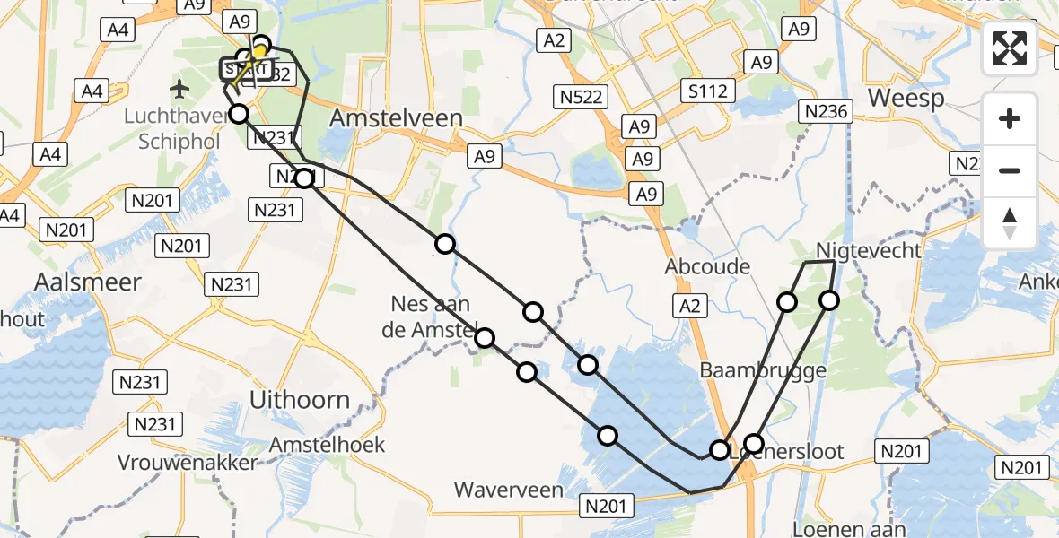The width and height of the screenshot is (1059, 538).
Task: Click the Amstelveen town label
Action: pos(397,118)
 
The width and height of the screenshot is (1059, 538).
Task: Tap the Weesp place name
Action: pos(906,98)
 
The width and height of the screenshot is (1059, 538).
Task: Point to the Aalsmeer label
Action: pos(88,282)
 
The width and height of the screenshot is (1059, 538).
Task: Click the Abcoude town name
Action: pos(706,266)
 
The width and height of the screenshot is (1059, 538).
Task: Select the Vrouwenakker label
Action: pos(188,463)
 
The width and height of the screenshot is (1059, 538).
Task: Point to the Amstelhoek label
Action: pos(328,444)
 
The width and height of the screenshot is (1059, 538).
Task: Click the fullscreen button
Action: pos(1010,48)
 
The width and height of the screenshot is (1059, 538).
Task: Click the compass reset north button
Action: pos(1010,223)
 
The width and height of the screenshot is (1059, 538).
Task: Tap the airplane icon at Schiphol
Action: pos(180,89)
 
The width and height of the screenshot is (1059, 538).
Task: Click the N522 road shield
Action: pos(584,96)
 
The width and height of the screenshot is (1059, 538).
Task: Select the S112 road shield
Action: pos(708,90)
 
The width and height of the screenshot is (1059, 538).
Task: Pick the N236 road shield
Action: pos(826,110)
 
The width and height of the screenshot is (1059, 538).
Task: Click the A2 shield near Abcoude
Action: pos(689,307)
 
